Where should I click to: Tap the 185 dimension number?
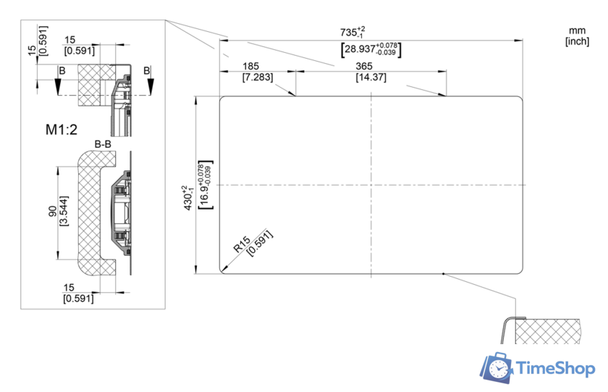click(x=250, y=66)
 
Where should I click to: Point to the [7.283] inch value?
click(x=258, y=77)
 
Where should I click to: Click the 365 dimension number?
click(x=364, y=66)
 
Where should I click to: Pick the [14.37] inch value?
click(x=371, y=77)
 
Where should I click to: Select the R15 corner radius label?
click(x=242, y=244)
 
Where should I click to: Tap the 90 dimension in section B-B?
click(x=52, y=211)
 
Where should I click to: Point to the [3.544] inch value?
click(x=64, y=211)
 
